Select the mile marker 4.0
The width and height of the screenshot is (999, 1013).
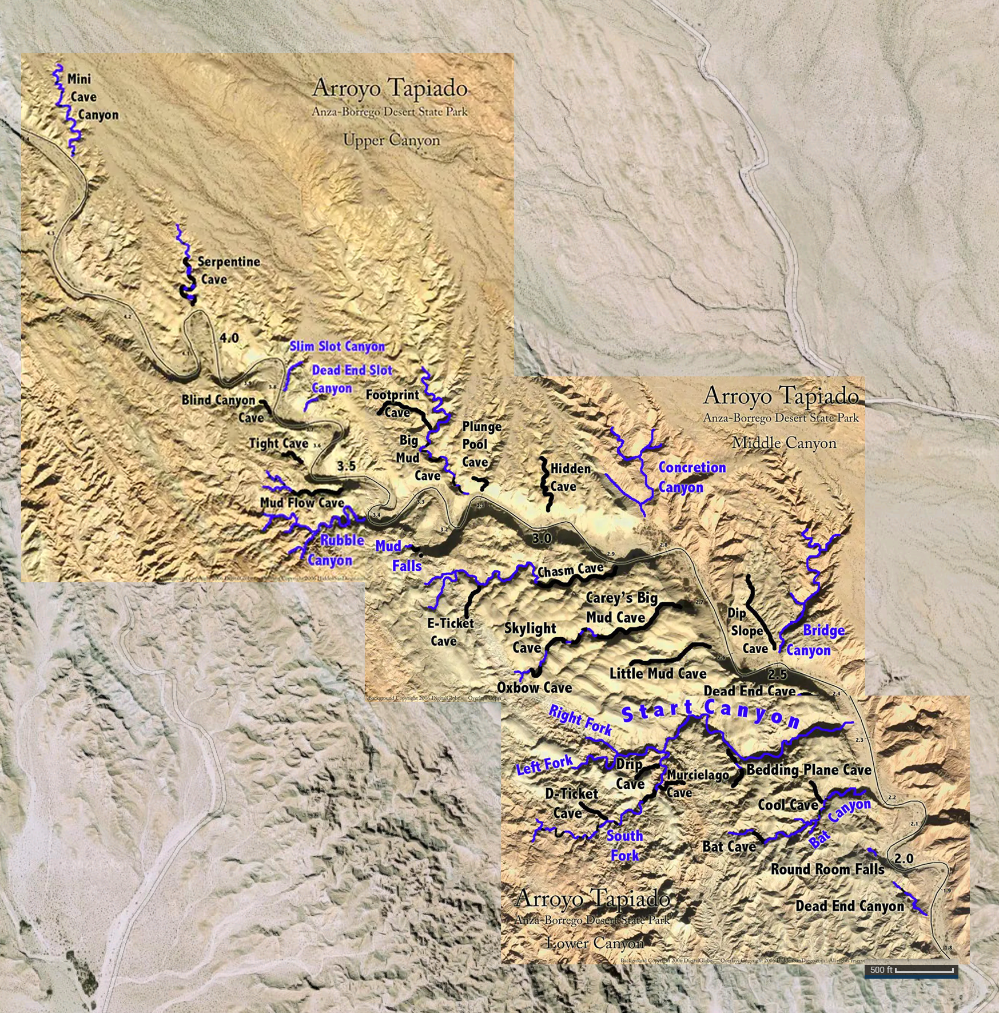(229, 338)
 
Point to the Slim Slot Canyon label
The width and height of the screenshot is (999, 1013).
(337, 347)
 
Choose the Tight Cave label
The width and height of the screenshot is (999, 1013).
(278, 443)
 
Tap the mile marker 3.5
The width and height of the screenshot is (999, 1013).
(346, 466)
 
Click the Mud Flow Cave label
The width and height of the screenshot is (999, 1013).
(302, 503)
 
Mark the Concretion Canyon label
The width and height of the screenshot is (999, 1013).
(691, 477)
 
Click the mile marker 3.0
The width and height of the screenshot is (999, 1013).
(542, 538)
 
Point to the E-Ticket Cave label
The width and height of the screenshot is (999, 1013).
(449, 632)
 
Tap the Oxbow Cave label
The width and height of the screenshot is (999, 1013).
(534, 688)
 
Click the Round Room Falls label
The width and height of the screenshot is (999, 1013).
(827, 869)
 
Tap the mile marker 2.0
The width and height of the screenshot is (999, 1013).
(904, 859)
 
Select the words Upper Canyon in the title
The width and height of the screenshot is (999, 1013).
(391, 140)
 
